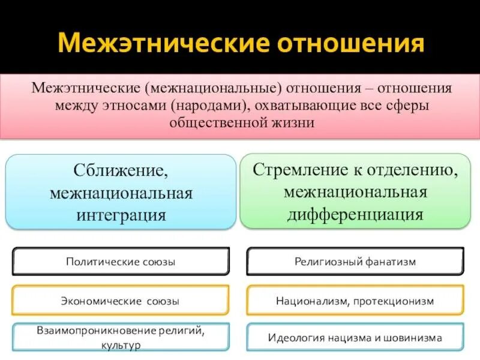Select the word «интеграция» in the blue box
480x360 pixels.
click(121, 214)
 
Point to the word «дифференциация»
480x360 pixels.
click(356, 214)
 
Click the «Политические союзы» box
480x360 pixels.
click(121, 262)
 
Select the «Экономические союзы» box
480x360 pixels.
click(121, 301)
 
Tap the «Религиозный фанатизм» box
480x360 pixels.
click(355, 262)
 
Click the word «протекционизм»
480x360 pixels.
click(393, 301)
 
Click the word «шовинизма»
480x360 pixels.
click(414, 337)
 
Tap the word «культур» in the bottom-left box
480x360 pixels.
click(121, 346)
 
